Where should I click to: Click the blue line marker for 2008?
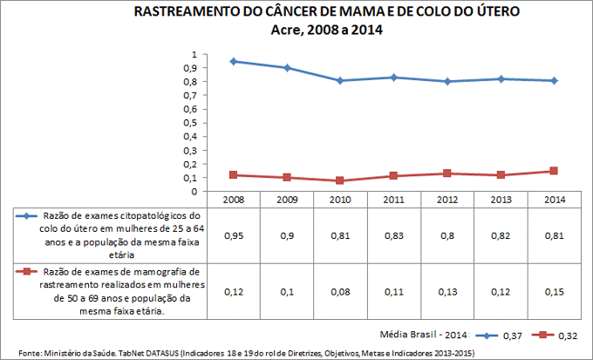tap(234, 61)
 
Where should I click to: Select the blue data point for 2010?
tap(340, 80)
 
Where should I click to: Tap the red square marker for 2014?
tap(553, 171)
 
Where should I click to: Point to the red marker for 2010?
tap(340, 180)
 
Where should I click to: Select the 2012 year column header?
tap(446, 200)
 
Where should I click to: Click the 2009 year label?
tap(287, 200)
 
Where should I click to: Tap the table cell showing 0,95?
tap(234, 235)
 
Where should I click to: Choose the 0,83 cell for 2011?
tap(393, 235)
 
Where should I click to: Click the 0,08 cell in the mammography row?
tap(340, 291)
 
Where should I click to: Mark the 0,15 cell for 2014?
tap(553, 291)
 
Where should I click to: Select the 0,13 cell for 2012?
tap(446, 291)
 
